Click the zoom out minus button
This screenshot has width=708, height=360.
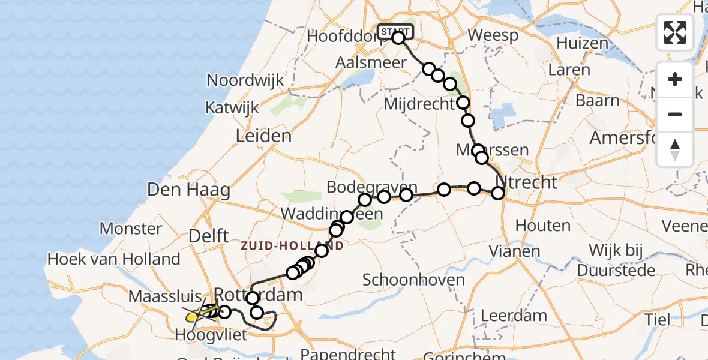click(675, 114)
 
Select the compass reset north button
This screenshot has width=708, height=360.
click(675, 149)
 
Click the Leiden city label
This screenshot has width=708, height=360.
click(264, 136)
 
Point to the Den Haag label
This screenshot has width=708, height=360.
click(189, 191)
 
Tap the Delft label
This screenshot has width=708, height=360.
click(206, 236)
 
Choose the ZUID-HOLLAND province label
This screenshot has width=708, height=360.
click(292, 246)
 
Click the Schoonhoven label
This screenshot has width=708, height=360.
click(414, 280)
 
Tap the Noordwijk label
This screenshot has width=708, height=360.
click(245, 80)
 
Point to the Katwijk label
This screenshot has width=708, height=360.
click(232, 108)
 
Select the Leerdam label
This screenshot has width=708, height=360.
click(514, 316)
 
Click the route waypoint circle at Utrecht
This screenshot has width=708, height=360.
click(497, 193)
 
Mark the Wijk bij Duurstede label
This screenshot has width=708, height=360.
click(617, 259)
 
